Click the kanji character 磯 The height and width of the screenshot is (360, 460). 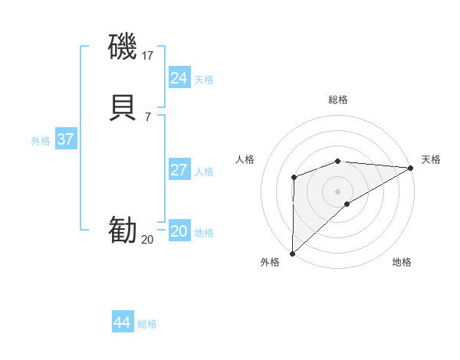click(123, 47)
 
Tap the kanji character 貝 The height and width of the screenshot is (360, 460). click(123, 106)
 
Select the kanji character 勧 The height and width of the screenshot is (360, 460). click(123, 230)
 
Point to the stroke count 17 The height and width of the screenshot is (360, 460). click(148, 55)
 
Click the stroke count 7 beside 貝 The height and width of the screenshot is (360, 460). click(148, 116)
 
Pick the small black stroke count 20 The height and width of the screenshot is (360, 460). click(147, 240)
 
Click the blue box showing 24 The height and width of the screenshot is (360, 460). click(179, 78)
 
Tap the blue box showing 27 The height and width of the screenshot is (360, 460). click(179, 169)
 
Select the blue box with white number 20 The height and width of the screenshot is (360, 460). click(179, 231)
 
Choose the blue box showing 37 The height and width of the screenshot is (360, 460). click(65, 139)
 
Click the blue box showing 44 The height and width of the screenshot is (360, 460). click(122, 322)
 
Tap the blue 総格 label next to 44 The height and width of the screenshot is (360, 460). click(147, 324)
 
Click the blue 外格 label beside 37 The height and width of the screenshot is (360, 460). click(41, 141)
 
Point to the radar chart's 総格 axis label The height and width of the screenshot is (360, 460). click(338, 100)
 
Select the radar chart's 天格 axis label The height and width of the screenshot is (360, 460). click(431, 159)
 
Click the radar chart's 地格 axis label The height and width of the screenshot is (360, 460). click(402, 262)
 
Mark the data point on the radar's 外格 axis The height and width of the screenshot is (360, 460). click(292, 254)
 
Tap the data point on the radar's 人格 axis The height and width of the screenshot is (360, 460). click(294, 178)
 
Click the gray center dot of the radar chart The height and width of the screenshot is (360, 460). click(338, 190)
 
